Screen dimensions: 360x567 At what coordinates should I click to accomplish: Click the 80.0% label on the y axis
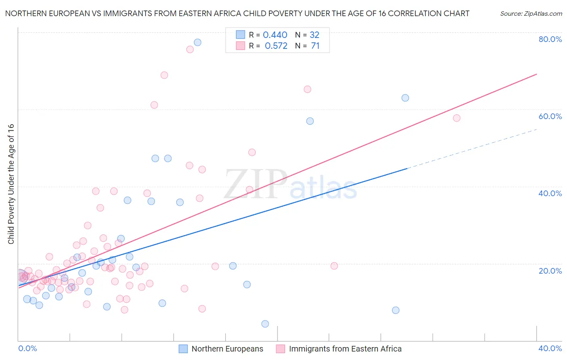pyautogui.click(x=550, y=39)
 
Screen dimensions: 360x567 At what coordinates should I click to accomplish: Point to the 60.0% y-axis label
pyautogui.click(x=550, y=116)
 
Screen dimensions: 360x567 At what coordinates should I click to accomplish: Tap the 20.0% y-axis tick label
pyautogui.click(x=550, y=271)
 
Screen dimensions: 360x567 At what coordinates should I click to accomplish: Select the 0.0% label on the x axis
pyautogui.click(x=27, y=348)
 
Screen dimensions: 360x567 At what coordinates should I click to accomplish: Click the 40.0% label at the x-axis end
pyautogui.click(x=550, y=348)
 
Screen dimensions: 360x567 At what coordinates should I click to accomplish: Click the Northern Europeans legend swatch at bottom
pyautogui.click(x=183, y=349)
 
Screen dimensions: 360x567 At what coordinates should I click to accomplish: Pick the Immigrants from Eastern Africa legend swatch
pyautogui.click(x=281, y=349)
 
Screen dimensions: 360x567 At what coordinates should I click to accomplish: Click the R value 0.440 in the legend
pyautogui.click(x=275, y=35)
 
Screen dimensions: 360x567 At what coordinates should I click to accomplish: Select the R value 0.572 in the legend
pyautogui.click(x=276, y=46)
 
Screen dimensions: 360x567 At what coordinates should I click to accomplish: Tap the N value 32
pyautogui.click(x=315, y=35)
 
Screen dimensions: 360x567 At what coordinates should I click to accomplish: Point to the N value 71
pyautogui.click(x=315, y=46)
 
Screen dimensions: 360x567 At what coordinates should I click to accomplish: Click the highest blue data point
pyautogui.click(x=198, y=42)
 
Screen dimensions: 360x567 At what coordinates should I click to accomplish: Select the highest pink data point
pyautogui.click(x=190, y=49)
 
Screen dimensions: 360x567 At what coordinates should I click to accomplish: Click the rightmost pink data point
pyautogui.click(x=457, y=118)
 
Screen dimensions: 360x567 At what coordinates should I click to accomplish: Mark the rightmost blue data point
pyautogui.click(x=405, y=98)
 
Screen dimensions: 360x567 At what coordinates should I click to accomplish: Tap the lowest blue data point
pyautogui.click(x=265, y=324)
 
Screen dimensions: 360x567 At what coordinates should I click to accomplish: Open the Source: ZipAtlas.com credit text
pyautogui.click(x=531, y=14)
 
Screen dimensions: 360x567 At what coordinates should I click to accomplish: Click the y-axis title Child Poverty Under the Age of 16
pyautogui.click(x=11, y=184)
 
